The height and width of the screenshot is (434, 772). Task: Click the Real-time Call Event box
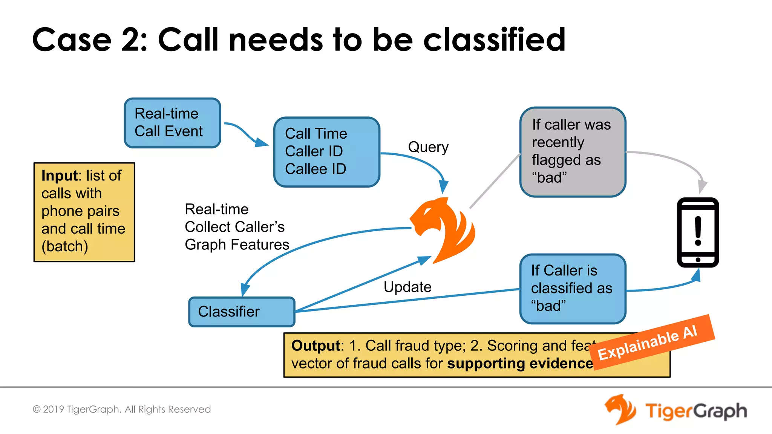pyautogui.click(x=172, y=123)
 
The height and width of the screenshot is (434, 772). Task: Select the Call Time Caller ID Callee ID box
pyautogui.click(x=326, y=151)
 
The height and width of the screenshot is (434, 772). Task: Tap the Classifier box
pyautogui.click(x=242, y=312)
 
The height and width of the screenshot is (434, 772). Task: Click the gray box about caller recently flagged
pyautogui.click(x=573, y=151)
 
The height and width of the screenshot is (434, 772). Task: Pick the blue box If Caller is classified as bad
pyautogui.click(x=573, y=289)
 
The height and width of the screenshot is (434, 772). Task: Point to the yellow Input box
pyautogui.click(x=84, y=212)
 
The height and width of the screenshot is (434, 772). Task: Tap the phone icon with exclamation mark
pyautogui.click(x=698, y=232)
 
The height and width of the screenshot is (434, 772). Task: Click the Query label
pyautogui.click(x=428, y=147)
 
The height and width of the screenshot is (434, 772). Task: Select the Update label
pyautogui.click(x=407, y=287)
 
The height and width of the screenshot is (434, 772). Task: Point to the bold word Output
pyautogui.click(x=316, y=345)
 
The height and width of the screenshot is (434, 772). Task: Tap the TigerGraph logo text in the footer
pyautogui.click(x=696, y=411)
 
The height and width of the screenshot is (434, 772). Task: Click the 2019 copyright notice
pyautogui.click(x=122, y=409)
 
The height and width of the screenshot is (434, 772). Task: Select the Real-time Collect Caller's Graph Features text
pyautogui.click(x=236, y=227)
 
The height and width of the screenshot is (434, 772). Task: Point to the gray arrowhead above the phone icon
pyautogui.click(x=702, y=186)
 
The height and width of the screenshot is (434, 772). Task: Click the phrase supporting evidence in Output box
pyautogui.click(x=520, y=364)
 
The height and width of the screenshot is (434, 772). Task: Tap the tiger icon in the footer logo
pyautogui.click(x=620, y=410)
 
